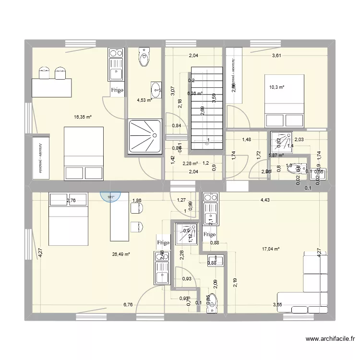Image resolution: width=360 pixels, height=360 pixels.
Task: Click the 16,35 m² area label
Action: (83, 117)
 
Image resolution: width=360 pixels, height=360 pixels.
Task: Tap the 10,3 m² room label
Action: (276, 87)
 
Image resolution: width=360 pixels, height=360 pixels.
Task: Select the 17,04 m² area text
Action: (271, 249)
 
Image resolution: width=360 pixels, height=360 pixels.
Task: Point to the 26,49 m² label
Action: (121, 254)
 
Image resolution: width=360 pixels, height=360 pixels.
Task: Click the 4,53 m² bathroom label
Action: (144, 100)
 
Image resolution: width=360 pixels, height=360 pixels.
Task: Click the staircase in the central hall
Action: (206, 108)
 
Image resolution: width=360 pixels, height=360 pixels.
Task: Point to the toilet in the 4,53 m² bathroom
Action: (144, 57)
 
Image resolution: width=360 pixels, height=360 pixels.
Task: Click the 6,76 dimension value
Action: (128, 304)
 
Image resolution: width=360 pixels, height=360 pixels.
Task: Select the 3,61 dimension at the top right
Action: (276, 56)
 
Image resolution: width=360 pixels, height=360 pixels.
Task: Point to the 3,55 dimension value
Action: (277, 304)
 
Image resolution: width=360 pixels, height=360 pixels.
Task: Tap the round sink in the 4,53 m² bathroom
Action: (156, 89)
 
